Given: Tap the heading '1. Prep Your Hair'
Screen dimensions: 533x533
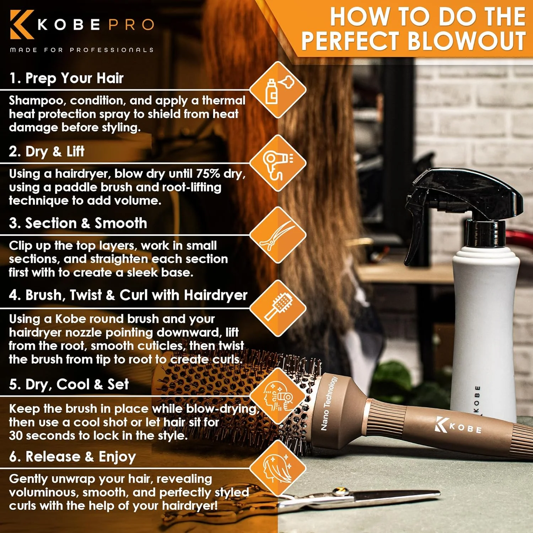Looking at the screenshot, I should tap(66, 78).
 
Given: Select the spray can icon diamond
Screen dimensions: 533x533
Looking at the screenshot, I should tap(278, 90).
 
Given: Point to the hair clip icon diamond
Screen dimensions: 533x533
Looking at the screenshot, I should tap(278, 236).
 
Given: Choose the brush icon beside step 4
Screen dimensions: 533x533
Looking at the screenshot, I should tap(278, 308).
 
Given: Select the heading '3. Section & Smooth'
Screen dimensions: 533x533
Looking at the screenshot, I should tap(78, 223).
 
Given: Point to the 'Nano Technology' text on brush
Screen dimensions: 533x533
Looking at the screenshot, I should tap(328, 403).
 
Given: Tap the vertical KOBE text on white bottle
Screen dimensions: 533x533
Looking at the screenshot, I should tap(477, 400).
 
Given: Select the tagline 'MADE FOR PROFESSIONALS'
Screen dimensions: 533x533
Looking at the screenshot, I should tap(82, 50).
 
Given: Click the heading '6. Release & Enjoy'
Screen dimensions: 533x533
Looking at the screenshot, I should tap(72, 457).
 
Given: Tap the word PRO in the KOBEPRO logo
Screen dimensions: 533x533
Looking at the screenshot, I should tap(131, 25).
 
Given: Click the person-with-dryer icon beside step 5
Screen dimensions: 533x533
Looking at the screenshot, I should tap(278, 396).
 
